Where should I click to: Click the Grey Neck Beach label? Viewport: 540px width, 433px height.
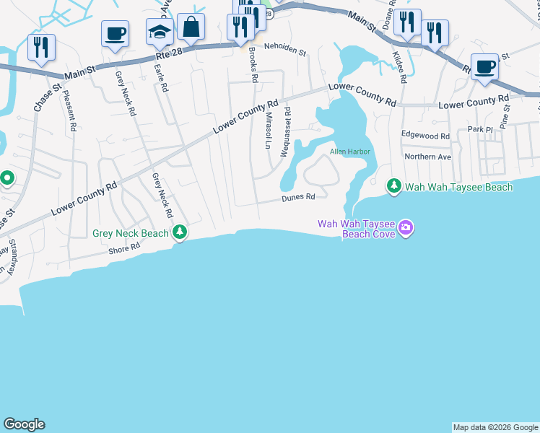coord(131,233)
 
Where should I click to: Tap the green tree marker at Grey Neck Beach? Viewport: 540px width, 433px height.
coord(180,232)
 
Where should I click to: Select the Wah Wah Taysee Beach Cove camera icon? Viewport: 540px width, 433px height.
coord(406,228)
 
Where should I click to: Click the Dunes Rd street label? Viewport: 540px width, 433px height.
coord(298,197)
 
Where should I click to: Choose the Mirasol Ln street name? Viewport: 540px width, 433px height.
coord(268,131)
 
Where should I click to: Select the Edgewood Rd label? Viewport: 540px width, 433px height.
coord(425,136)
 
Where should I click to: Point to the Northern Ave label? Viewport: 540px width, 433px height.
coord(427,157)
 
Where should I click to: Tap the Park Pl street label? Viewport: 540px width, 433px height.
coord(479,129)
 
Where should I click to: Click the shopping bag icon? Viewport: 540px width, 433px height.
coord(191,27)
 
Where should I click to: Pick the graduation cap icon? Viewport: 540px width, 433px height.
coord(160,32)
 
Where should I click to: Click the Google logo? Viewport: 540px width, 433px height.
coord(24,424)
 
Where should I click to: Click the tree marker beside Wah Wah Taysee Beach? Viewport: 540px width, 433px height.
coord(394,187)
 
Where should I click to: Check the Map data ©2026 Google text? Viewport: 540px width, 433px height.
coord(495,427)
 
